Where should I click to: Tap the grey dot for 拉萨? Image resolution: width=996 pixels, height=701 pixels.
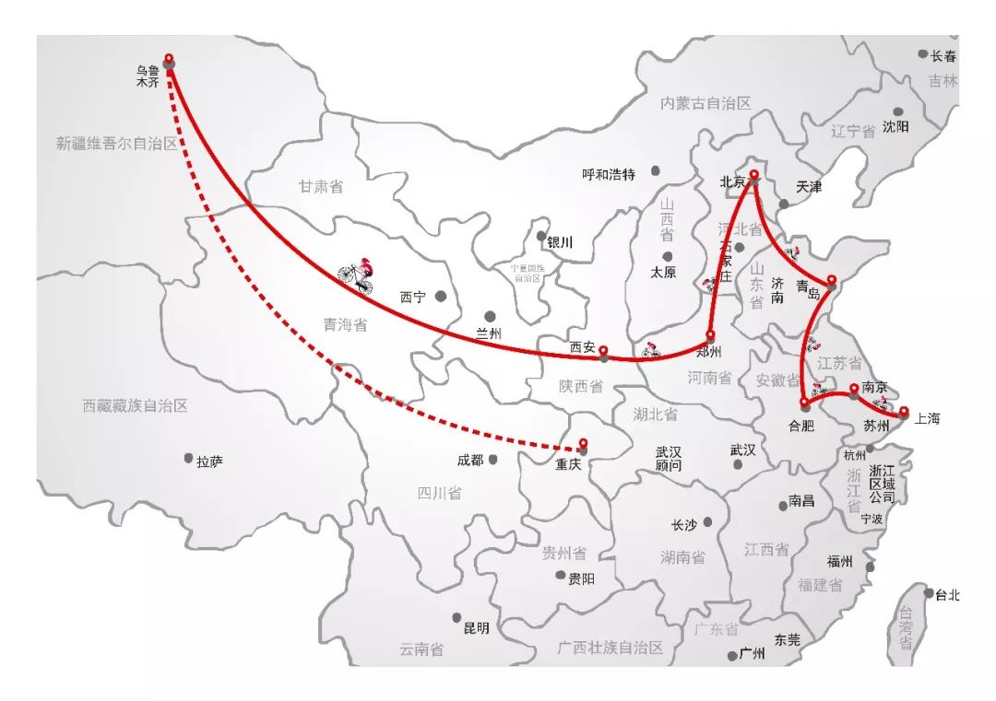pos(188,458)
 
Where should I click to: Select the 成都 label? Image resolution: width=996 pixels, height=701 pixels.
pos(469,460)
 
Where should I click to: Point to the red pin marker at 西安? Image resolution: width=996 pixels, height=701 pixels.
pos(603,351)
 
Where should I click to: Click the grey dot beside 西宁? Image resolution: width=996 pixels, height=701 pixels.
pos(441,296)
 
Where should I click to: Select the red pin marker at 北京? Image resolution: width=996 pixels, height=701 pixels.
pos(753,174)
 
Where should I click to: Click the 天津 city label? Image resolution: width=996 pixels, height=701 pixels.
pos(809,186)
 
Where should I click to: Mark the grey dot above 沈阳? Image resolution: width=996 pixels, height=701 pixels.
pos(898,111)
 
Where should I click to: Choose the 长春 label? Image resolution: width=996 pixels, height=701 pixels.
pos(944,55)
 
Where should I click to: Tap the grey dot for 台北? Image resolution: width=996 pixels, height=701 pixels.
pos(929,592)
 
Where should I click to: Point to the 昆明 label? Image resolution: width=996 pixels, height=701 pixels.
pos(476,628)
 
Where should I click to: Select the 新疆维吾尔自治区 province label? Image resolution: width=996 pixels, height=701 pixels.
pos(116,144)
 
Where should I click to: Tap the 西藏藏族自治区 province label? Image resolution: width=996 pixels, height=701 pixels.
pos(135,405)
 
